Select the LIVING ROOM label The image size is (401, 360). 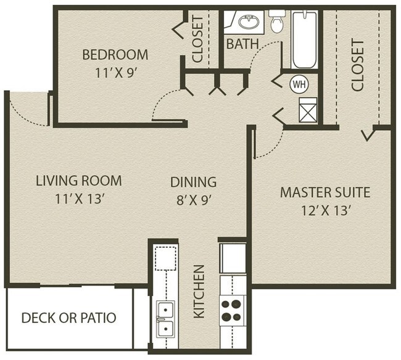[x=78, y=181]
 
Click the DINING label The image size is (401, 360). [x=194, y=182]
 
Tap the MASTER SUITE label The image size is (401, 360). [x=325, y=192]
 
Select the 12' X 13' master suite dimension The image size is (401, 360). [x=325, y=210]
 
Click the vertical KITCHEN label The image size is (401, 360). [x=199, y=292]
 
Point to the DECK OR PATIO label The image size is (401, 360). [x=68, y=318]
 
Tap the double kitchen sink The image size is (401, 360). [x=165, y=319]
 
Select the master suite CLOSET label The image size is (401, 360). [x=357, y=66]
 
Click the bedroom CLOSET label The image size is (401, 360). [x=198, y=39]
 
